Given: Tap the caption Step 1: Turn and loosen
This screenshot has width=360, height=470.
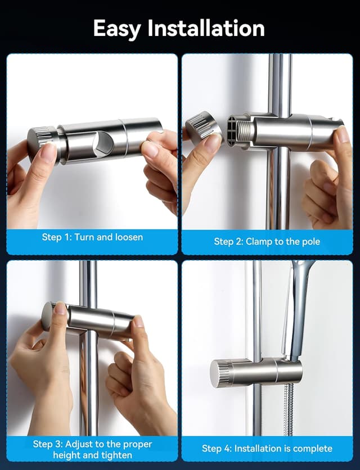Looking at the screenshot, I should click(92, 237).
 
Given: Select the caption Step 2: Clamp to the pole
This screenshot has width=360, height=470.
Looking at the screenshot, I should click(267, 241).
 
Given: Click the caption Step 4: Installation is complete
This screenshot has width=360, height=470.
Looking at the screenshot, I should click(267, 448).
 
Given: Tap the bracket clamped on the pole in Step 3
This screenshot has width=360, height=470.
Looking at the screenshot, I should click(93, 320).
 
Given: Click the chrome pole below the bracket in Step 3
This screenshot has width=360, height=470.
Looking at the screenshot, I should click(89, 388).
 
